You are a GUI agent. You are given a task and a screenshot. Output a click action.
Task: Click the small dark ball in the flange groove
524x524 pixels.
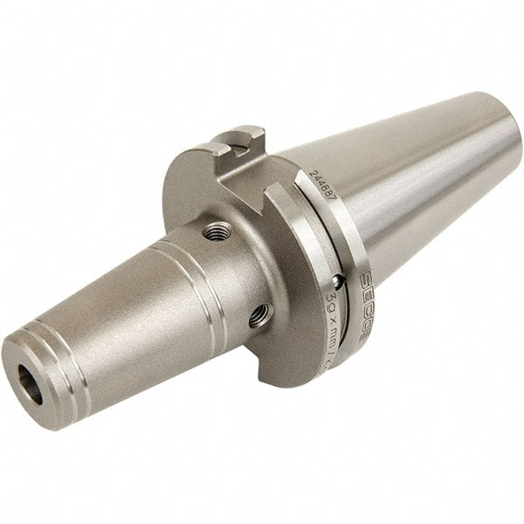pos(338,281)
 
